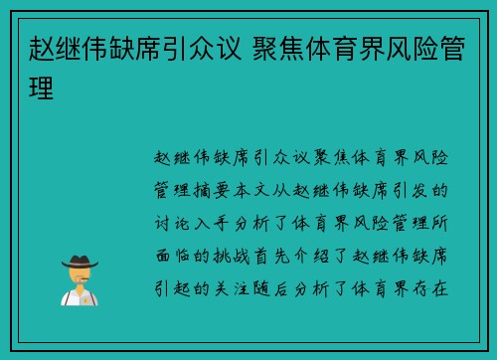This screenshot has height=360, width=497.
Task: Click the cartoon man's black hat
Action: [80, 261]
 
